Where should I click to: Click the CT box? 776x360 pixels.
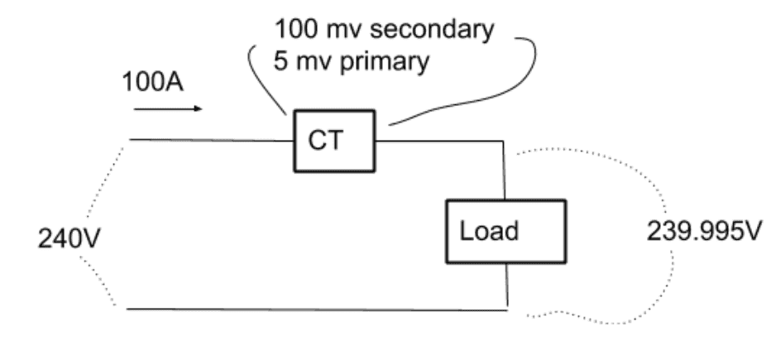336,141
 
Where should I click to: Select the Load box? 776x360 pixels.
505,230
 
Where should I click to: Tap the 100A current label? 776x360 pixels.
154,83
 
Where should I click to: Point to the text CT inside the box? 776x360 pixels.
325,141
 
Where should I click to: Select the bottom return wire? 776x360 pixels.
314,310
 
